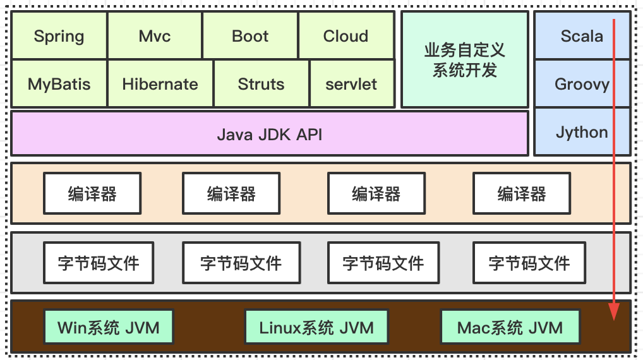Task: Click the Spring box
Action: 59,36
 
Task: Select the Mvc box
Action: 155,36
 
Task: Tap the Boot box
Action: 250,36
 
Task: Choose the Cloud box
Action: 346,36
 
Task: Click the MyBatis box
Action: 59,84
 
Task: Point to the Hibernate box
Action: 160,84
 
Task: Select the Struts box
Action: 261,84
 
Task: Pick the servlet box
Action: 352,84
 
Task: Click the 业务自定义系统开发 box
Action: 465,59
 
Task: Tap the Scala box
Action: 582,36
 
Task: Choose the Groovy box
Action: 582,84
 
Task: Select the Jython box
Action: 582,132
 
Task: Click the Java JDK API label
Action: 270,134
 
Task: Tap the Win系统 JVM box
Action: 109,328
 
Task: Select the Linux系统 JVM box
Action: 316,328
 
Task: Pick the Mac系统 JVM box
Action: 510,328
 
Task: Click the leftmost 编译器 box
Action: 92,194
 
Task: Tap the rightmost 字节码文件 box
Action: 529,262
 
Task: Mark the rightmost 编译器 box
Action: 522,194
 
